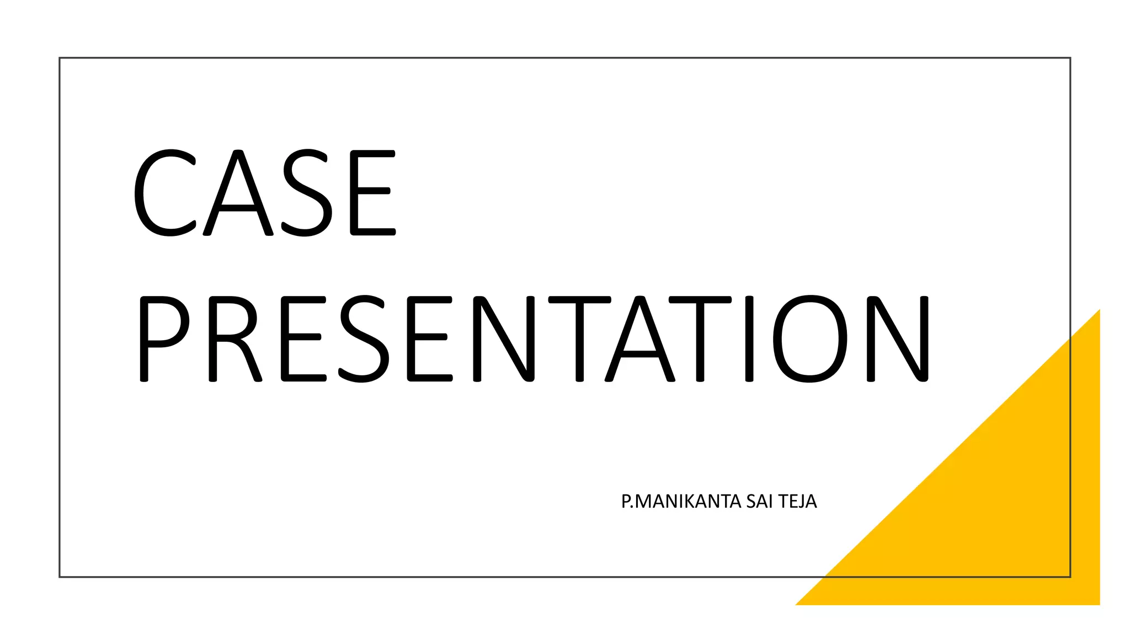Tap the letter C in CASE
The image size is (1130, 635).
click(164, 193)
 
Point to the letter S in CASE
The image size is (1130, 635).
click(307, 193)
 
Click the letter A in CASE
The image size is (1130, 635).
click(238, 193)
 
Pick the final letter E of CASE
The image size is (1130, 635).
click(373, 193)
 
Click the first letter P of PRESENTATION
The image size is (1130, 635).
click(163, 339)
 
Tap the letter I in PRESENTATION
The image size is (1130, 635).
click(749, 339)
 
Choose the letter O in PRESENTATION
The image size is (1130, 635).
click(809, 339)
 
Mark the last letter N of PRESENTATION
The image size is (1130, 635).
click(898, 339)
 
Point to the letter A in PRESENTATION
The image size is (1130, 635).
click(640, 339)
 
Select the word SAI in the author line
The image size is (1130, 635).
click(760, 502)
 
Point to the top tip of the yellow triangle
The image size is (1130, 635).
click(1099, 311)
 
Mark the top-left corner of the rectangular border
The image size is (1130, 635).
click(60, 58)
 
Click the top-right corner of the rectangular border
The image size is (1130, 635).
click(1070, 58)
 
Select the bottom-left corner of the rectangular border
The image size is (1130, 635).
click(60, 577)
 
